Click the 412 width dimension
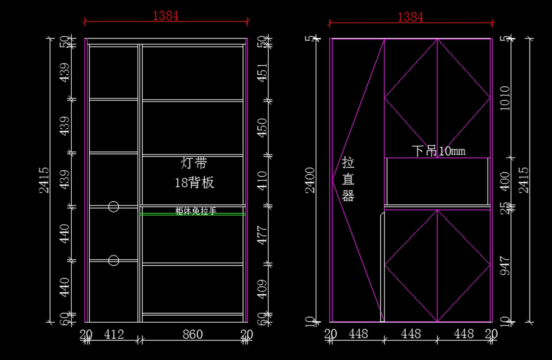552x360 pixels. click(114, 334)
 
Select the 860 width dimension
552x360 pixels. click(192, 334)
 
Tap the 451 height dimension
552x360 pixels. click(261, 72)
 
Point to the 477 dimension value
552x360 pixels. click(261, 234)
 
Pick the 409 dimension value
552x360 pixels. click(261, 289)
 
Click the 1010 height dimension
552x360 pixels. click(504, 97)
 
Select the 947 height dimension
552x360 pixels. click(504, 265)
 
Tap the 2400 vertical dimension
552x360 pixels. click(311, 180)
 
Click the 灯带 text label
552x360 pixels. click(194, 163)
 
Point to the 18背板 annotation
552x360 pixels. click(194, 183)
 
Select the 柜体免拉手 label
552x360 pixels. click(195, 211)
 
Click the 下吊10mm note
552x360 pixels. click(438, 151)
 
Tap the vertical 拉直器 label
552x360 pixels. click(348, 179)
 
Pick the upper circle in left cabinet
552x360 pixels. click(114, 206)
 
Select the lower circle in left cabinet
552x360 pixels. click(114, 261)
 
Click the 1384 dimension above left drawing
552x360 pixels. click(166, 16)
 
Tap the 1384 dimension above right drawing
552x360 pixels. click(410, 17)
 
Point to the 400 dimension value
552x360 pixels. click(504, 181)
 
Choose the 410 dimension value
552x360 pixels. click(261, 180)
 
